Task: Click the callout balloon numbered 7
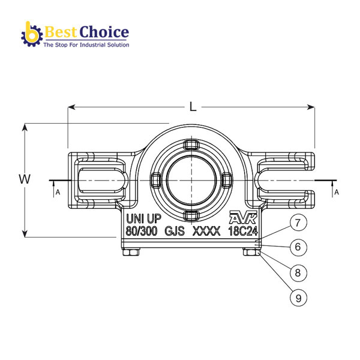[x=298, y=223]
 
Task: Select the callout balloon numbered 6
[x=298, y=247]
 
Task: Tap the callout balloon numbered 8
[x=298, y=272]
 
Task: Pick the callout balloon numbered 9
[x=298, y=296]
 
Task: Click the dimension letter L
[x=193, y=107]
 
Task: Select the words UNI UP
[x=143, y=218]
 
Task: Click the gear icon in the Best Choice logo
[x=31, y=34]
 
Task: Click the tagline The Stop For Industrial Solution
[x=86, y=44]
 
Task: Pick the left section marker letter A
[x=57, y=192]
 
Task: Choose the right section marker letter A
[x=336, y=192]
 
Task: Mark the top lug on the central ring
[x=190, y=145]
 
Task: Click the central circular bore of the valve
[x=190, y=179]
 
